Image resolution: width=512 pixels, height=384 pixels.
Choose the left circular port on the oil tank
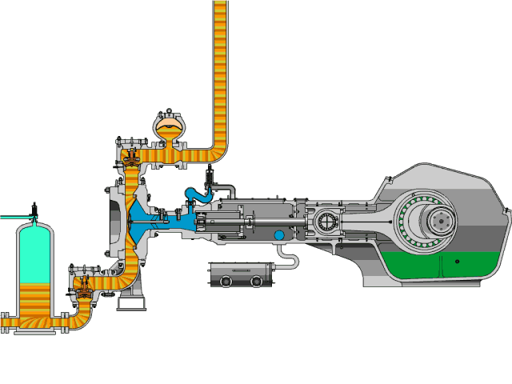[227, 282]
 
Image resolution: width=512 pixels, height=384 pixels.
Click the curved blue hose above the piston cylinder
[195, 195]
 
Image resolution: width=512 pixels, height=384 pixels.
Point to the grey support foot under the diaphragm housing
[130, 303]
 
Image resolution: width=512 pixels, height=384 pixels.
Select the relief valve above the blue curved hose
[211, 175]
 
